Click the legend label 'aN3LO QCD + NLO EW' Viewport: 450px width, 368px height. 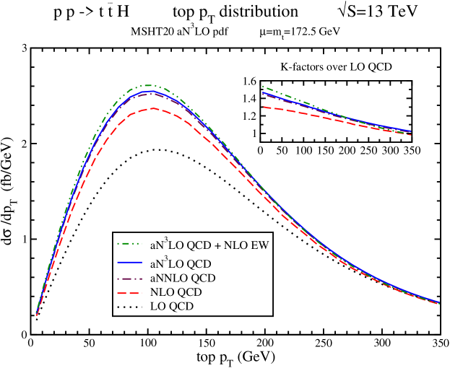coord(209,245)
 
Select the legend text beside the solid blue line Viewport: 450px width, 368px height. coord(180,264)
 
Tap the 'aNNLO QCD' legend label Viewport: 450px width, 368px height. coord(182,278)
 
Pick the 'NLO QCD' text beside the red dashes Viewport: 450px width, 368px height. coord(176,292)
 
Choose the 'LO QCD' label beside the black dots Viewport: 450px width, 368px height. coord(171,307)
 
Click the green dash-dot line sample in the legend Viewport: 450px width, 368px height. coord(129,245)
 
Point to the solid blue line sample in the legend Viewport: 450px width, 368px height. coord(129,264)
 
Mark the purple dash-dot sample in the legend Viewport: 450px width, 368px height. coord(129,278)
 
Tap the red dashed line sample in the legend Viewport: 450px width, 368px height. coord(129,292)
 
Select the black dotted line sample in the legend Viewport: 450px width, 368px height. coord(129,307)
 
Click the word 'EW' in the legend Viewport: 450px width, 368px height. coord(260,245)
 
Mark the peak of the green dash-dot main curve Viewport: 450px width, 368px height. coord(150,85)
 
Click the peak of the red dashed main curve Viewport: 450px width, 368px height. coord(152,108)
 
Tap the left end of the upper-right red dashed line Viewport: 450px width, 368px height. coord(264,107)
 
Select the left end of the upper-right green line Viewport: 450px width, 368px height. coord(263,87)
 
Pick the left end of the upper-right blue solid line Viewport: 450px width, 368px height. coord(264,93)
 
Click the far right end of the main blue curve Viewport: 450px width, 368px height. coord(439,302)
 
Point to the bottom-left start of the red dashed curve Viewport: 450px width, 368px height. coord(37,315)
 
